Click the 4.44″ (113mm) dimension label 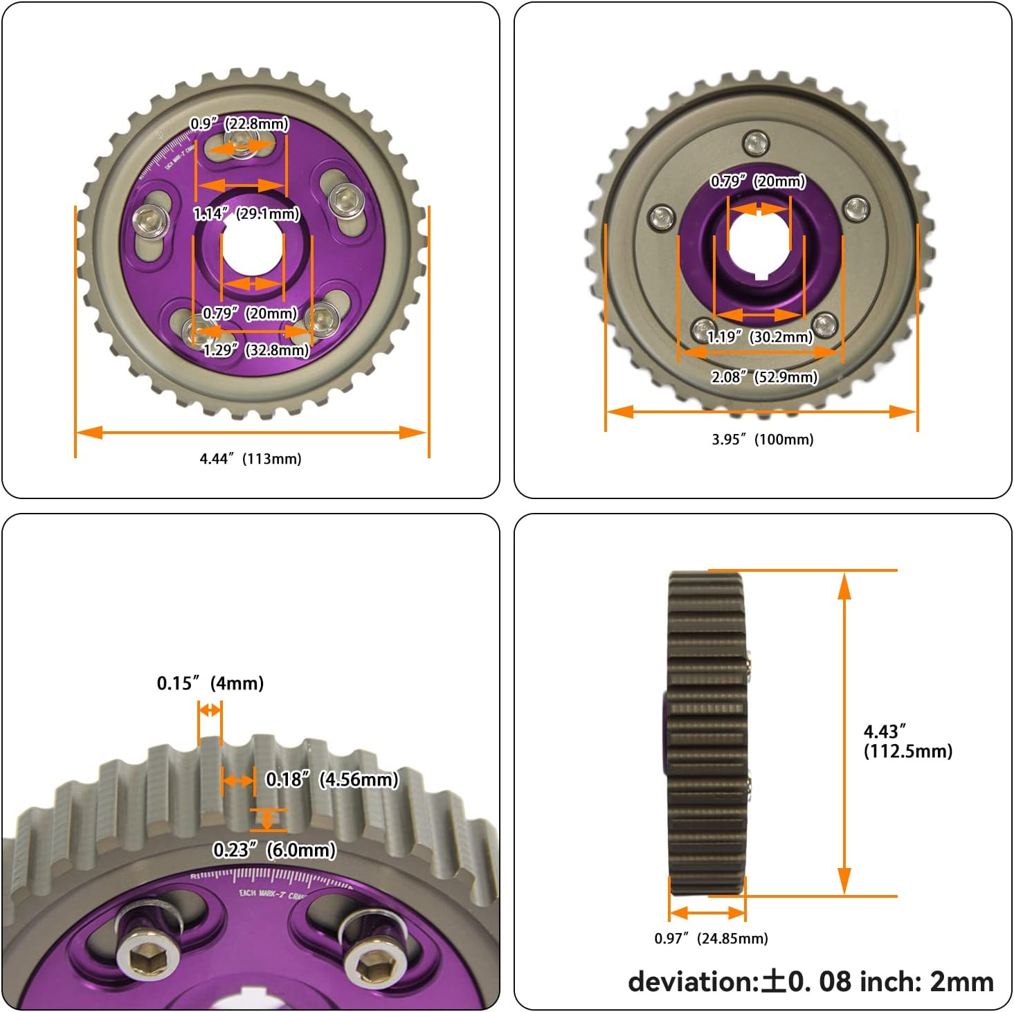tap(251, 458)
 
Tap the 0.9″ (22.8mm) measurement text tap(239, 124)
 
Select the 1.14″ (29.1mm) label tap(246, 213)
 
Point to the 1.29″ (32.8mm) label tap(255, 350)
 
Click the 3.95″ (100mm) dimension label tap(762, 440)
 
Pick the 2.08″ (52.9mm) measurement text tap(764, 377)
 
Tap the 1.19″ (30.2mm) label tap(759, 337)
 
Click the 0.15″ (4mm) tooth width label tap(210, 683)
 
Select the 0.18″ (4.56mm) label tap(332, 779)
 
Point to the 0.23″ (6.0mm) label tap(274, 849)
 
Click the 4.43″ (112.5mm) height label tap(907, 741)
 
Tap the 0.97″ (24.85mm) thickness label tap(711, 939)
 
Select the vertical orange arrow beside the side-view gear tap(844, 734)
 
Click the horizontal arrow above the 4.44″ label tap(251, 433)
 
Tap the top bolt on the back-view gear tap(756, 143)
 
